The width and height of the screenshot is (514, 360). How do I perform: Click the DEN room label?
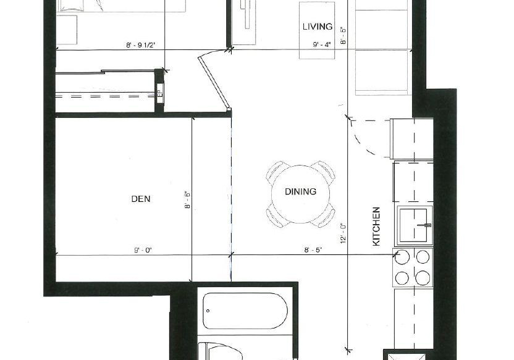141,199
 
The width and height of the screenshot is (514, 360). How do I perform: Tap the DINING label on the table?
301,191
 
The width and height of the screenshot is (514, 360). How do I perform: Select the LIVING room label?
318,27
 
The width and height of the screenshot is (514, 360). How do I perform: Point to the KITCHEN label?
376,227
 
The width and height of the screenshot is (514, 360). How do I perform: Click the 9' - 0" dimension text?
143,251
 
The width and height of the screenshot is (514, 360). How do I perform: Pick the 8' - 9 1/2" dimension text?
141,45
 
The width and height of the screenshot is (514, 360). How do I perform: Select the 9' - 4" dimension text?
322,44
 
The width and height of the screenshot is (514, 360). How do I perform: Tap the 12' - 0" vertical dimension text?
343,233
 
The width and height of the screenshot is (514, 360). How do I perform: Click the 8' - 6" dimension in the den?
188,200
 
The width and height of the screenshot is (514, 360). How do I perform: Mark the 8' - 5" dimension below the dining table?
313,250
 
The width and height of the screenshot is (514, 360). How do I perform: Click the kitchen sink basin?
414,225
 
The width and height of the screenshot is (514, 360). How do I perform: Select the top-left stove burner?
402,257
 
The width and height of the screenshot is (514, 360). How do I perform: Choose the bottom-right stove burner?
423,278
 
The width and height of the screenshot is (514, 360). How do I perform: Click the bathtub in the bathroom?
245,311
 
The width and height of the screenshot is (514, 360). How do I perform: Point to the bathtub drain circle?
208,311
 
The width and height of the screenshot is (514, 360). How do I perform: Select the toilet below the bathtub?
221,351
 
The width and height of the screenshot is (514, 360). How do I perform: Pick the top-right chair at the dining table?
324,170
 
